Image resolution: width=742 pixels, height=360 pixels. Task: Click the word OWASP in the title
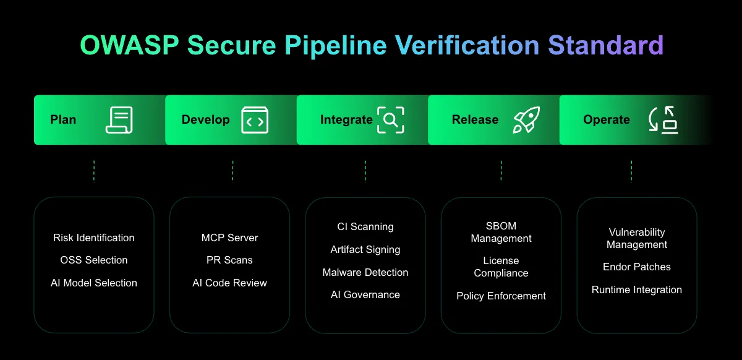[129, 45]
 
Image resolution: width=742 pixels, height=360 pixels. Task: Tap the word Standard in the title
[606, 45]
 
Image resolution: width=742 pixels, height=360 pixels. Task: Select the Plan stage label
[63, 119]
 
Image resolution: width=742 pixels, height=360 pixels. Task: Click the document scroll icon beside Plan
[119, 120]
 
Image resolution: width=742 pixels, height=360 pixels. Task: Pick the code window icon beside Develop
[255, 120]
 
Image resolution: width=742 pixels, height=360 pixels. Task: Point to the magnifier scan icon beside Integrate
[391, 120]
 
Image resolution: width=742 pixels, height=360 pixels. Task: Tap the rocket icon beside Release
[526, 120]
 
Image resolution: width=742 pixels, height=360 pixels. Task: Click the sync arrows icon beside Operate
[663, 120]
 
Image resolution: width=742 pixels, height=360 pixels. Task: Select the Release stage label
[475, 119]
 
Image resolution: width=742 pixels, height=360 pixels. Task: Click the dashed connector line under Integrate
[365, 171]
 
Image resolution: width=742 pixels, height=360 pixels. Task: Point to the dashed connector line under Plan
[94, 171]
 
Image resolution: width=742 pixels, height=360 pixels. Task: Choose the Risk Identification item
[94, 238]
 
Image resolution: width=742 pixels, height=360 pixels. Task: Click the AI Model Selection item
[94, 283]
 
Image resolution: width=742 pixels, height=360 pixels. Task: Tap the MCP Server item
[229, 238]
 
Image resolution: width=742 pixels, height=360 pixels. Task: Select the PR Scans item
[229, 260]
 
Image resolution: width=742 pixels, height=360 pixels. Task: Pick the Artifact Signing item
[365, 250]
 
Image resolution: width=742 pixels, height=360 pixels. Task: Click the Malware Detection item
[365, 272]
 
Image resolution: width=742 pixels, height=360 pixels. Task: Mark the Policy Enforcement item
[501, 296]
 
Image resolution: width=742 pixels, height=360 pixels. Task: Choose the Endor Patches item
[637, 267]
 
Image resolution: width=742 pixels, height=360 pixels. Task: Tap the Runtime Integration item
[637, 289]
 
